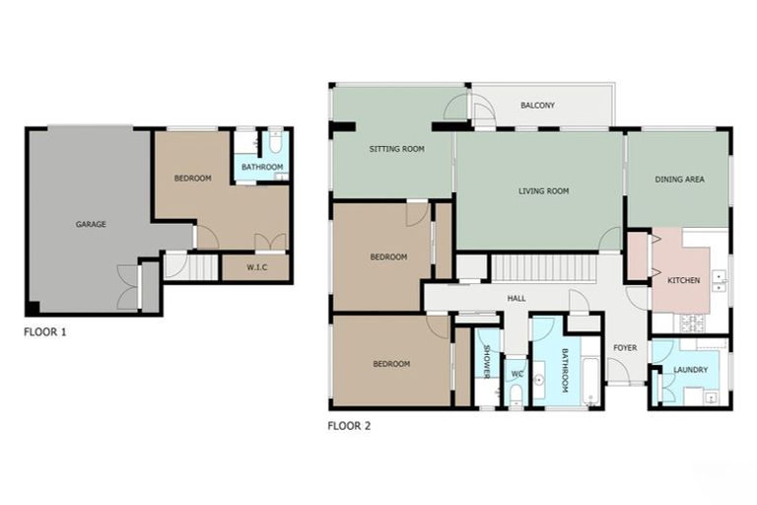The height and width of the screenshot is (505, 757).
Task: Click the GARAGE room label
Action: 91,224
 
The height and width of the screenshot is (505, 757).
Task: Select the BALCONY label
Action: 537,106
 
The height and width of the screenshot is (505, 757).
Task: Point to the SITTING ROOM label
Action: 396,149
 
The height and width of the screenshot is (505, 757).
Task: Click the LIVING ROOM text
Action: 543,191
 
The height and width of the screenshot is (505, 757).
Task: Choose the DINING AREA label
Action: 679,180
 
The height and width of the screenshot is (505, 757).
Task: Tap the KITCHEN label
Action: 683,280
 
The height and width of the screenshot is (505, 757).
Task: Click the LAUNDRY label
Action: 690,370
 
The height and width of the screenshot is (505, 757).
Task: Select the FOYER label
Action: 625,347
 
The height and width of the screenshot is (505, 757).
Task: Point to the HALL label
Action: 516,297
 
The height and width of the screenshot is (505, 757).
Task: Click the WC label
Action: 516,374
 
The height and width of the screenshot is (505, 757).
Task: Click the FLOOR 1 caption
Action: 45,332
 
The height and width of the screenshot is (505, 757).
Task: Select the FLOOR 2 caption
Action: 349,427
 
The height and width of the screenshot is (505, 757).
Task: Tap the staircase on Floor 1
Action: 201,266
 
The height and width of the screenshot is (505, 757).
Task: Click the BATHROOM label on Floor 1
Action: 262,168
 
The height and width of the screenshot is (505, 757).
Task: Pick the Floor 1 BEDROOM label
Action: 192,179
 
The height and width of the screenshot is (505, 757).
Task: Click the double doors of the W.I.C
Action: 270,243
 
